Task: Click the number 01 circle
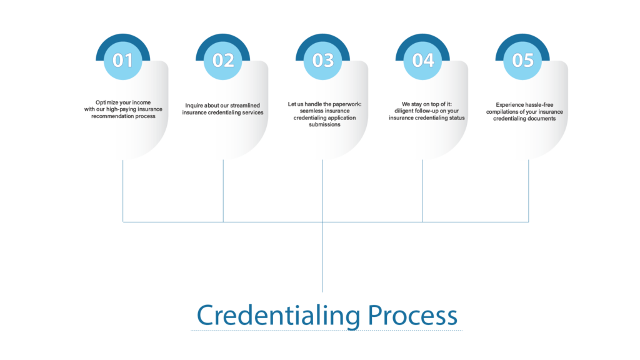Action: tap(123, 60)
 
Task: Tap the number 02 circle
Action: tap(223, 60)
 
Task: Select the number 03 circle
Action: tap(323, 60)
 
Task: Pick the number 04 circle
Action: tap(423, 60)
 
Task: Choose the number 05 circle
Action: tap(523, 60)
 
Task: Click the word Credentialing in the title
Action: tap(279, 315)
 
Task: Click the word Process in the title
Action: tap(412, 315)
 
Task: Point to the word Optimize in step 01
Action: tap(106, 102)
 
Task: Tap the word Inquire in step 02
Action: tap(195, 106)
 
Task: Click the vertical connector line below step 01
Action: tap(123, 191)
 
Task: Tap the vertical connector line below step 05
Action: tap(529, 191)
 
